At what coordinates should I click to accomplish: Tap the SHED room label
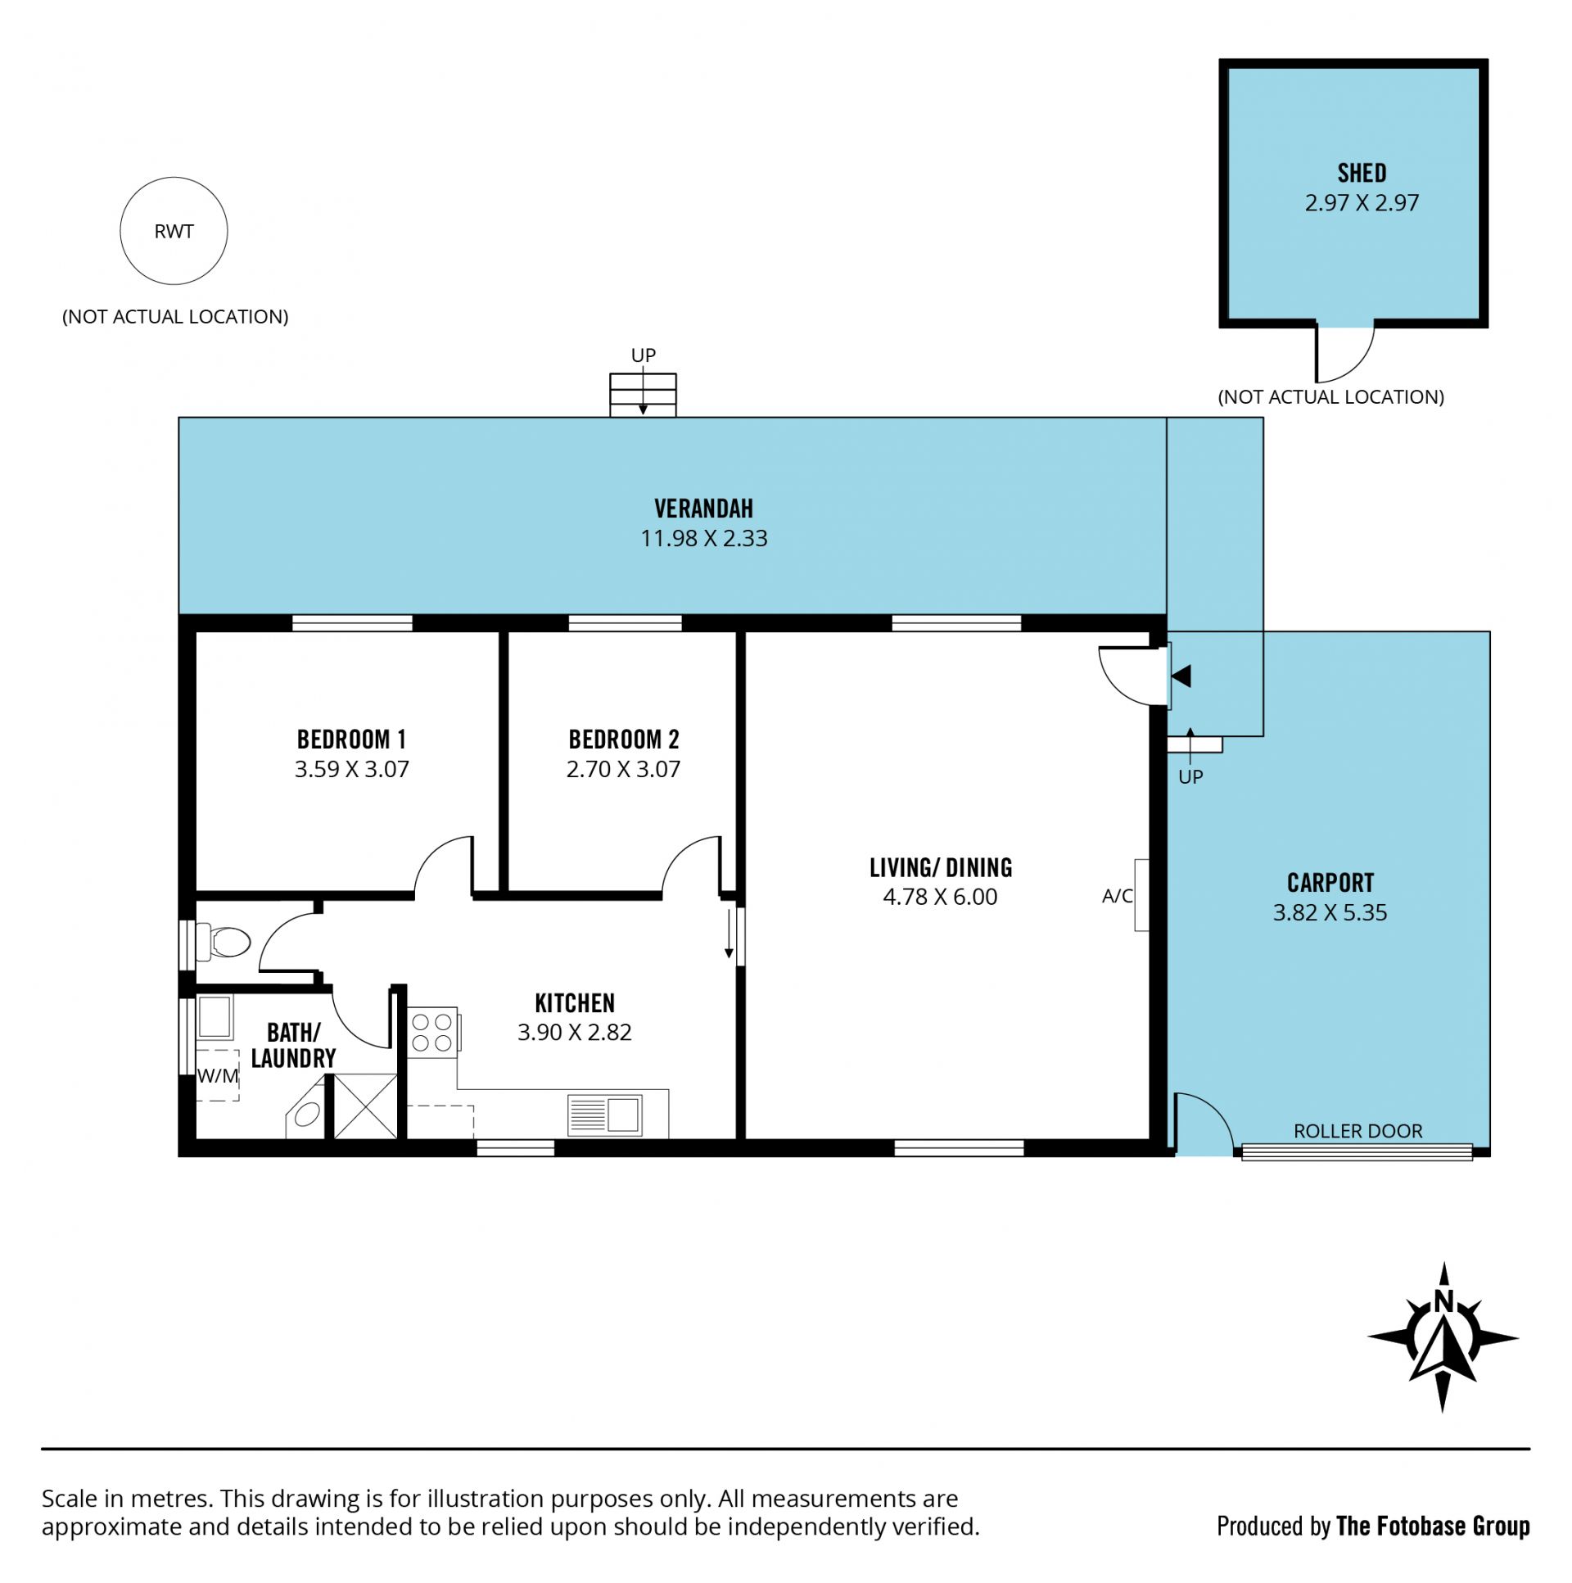coord(1362,173)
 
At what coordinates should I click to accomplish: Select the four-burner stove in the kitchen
coord(432,1033)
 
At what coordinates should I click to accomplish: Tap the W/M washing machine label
coord(218,1076)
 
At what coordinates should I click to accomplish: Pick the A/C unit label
coord(1117,896)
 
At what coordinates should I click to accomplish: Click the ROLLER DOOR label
coord(1357,1131)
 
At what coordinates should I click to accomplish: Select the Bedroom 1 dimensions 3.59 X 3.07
coord(351,768)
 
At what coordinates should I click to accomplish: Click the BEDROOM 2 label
coord(623,739)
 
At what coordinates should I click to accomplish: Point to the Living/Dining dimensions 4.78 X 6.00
coord(940,897)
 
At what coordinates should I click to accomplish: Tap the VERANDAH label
coord(702,508)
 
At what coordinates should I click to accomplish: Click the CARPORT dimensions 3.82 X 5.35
coord(1330,912)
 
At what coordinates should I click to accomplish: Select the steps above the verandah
coord(643,395)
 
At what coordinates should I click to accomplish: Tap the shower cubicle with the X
coord(365,1106)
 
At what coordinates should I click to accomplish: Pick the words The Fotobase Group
coord(1432,1526)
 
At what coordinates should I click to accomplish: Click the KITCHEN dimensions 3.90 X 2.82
coord(574,1032)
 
